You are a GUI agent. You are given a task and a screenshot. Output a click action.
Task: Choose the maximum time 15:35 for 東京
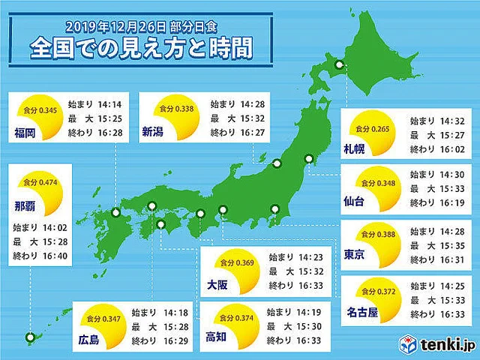point(441,244)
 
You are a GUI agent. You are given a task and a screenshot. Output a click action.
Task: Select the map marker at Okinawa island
point(31,338)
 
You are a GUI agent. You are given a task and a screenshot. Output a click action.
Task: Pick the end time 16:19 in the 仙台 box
point(441,202)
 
